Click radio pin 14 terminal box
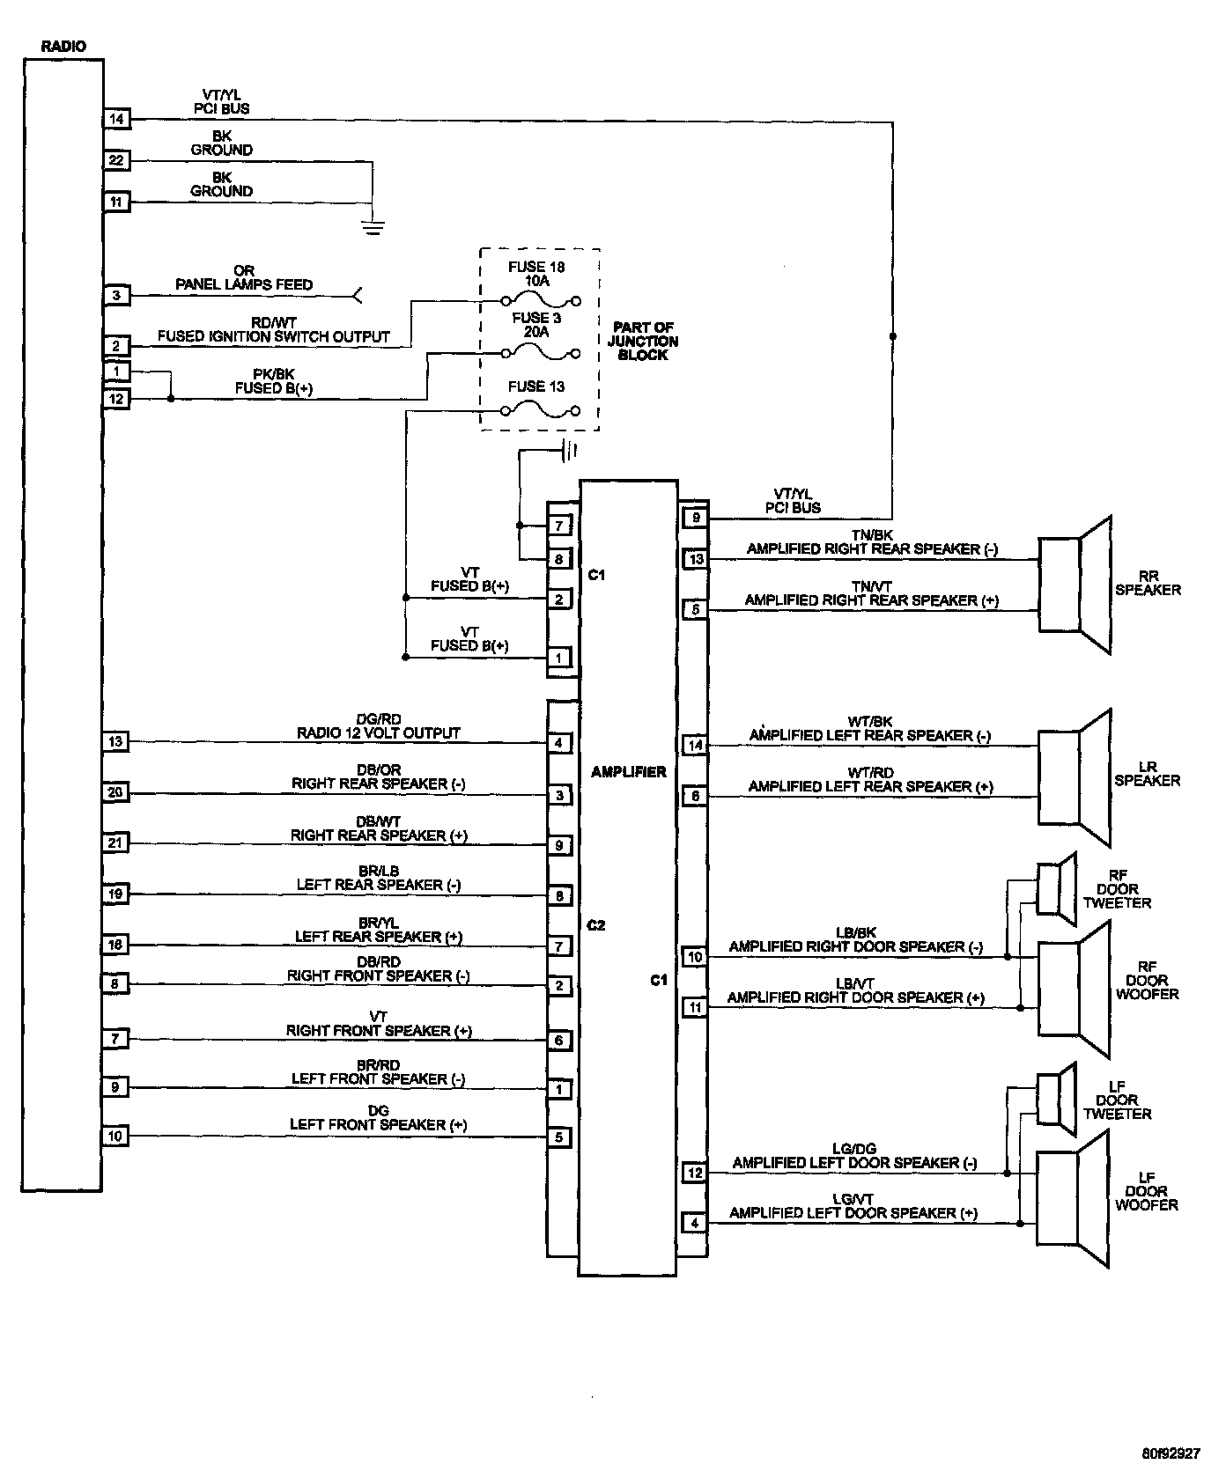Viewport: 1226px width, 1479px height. (116, 119)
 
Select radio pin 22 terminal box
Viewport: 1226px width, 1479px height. (116, 160)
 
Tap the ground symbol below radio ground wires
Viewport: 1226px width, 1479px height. (373, 227)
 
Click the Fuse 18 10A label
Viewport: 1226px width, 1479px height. (536, 274)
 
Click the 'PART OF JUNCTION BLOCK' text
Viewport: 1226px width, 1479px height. (643, 341)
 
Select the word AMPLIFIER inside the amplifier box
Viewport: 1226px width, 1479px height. (629, 771)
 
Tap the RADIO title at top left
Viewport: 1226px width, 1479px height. (63, 46)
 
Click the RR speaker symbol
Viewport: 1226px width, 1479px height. (1075, 585)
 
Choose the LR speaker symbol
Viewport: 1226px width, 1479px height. (1075, 777)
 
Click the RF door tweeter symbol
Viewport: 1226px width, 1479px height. (1056, 889)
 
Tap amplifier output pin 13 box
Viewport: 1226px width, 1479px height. (696, 558)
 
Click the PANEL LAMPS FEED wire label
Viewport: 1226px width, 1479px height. (244, 284)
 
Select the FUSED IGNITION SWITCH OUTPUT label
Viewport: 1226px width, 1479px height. (273, 336)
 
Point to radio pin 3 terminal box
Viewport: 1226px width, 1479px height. (116, 296)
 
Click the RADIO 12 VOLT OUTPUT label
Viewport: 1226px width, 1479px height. (378, 732)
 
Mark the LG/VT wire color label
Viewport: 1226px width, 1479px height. (853, 1198)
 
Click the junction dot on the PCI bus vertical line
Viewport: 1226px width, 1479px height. (893, 336)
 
